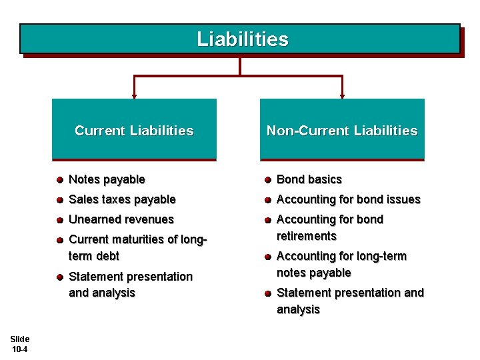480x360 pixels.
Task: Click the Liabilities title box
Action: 240,39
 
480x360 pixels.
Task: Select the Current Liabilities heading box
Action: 134,130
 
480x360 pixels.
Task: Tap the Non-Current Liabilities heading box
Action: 342,130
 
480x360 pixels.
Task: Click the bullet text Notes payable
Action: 107,179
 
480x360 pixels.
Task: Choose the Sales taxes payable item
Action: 122,199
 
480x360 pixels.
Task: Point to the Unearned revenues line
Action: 121,219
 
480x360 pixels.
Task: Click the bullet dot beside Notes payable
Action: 59,180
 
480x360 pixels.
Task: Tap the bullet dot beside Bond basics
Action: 267,180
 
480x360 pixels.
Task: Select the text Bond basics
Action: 309,179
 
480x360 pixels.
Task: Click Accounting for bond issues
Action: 348,199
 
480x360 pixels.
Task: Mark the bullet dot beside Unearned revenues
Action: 59,220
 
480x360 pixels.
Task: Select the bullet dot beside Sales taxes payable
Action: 59,200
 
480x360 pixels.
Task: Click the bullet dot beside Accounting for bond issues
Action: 267,200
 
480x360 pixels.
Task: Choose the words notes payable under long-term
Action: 313,273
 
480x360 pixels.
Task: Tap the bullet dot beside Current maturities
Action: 59,240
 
